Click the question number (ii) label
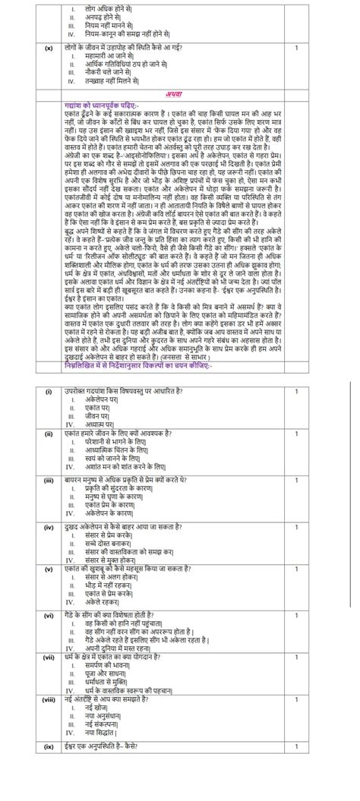tap(48, 432)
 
